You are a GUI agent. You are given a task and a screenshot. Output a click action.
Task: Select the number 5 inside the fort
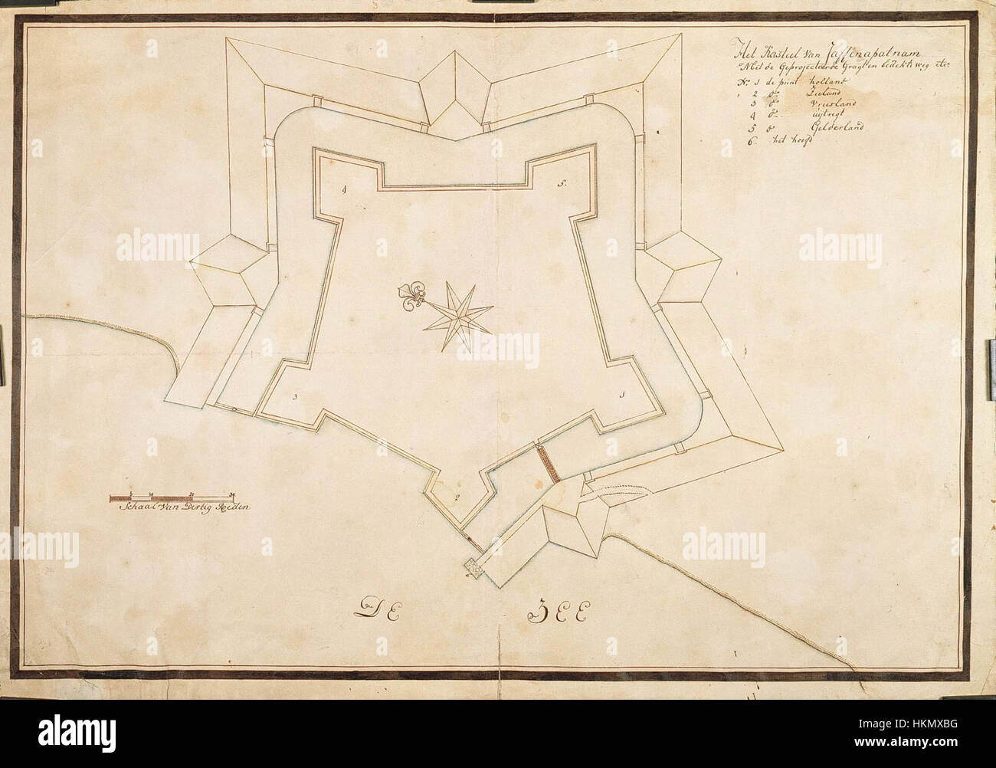(562, 184)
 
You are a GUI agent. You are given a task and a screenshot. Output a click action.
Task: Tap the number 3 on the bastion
(294, 397)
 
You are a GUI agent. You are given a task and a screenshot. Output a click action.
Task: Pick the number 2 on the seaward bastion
(457, 498)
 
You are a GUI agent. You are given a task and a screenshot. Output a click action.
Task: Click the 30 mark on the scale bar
(232, 494)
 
